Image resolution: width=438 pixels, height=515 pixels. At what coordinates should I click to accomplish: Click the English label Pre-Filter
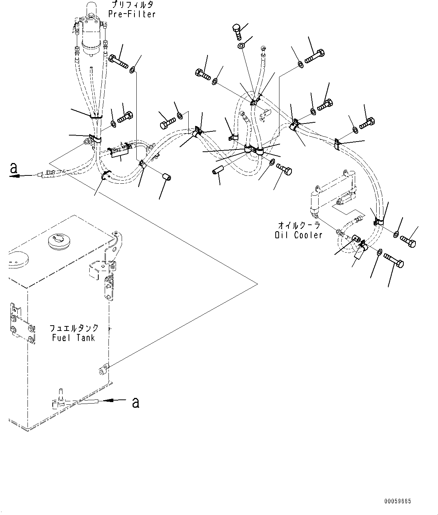(x=132, y=14)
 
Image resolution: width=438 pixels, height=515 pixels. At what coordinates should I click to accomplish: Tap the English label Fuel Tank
(x=73, y=338)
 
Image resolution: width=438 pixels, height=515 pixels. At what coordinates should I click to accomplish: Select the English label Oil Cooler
(x=298, y=235)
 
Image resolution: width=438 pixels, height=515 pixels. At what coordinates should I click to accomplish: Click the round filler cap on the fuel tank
(x=59, y=241)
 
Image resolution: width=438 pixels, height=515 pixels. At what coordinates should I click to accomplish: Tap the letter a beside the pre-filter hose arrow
(x=14, y=168)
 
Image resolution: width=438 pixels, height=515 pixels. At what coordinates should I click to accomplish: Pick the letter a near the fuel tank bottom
(x=136, y=402)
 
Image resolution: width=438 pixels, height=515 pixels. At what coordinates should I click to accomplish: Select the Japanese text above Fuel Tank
(x=74, y=328)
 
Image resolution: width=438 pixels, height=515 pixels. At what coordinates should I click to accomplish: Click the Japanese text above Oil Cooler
(x=299, y=226)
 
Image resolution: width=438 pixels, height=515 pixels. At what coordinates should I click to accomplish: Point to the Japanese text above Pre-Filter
(x=132, y=5)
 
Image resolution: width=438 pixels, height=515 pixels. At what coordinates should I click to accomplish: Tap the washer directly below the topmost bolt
(x=241, y=46)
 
